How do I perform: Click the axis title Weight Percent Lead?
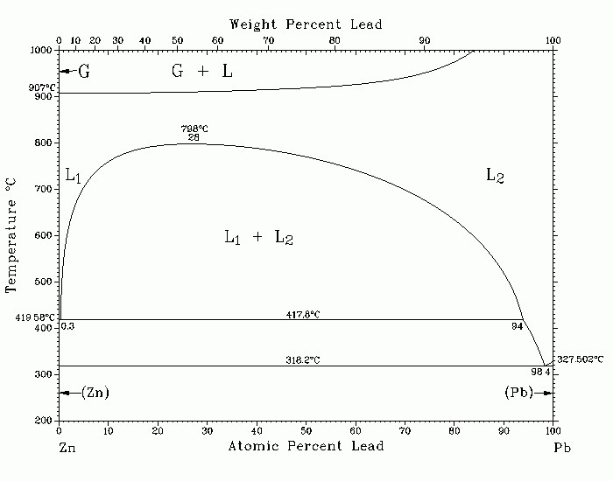[306, 24]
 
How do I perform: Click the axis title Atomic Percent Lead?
[306, 447]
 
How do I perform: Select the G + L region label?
[201, 72]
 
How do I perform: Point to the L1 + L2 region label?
[257, 237]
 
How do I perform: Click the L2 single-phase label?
[495, 176]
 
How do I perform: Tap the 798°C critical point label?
[194, 129]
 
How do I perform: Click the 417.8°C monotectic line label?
[303, 313]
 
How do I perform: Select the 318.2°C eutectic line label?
[303, 359]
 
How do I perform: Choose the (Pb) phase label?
[519, 393]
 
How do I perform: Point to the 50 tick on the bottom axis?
[306, 430]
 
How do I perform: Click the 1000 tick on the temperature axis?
[42, 51]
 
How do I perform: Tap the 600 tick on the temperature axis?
[45, 236]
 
